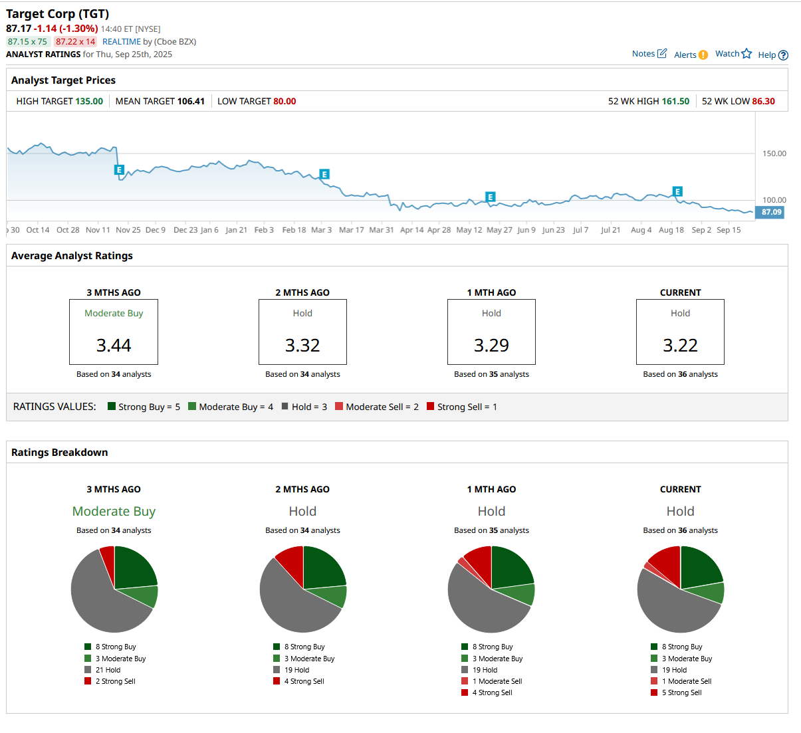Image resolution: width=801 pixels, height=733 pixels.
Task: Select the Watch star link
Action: coord(733,54)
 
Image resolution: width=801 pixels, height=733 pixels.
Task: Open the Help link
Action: coord(772,55)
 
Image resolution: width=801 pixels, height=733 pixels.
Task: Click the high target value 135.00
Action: coord(89,101)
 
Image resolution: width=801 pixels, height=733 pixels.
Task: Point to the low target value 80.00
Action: coord(285,101)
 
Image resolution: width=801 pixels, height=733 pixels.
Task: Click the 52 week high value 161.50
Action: coord(675,101)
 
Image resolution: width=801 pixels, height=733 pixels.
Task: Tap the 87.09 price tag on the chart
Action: coord(771,212)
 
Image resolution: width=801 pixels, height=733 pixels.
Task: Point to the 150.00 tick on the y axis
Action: coord(774,154)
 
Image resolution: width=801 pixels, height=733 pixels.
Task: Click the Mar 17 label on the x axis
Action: coord(351,230)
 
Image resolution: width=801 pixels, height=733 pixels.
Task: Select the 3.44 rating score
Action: coord(114,345)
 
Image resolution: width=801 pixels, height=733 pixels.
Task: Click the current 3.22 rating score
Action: coord(680,345)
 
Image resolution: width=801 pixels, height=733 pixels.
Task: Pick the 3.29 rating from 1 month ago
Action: coord(491,345)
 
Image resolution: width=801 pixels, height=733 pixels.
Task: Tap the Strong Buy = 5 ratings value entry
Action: coord(144,407)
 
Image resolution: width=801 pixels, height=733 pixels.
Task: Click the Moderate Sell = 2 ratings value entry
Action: coord(376,407)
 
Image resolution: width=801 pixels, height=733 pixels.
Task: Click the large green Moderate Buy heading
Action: coord(114,511)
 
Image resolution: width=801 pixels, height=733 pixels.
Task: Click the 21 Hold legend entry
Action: coord(107,670)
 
